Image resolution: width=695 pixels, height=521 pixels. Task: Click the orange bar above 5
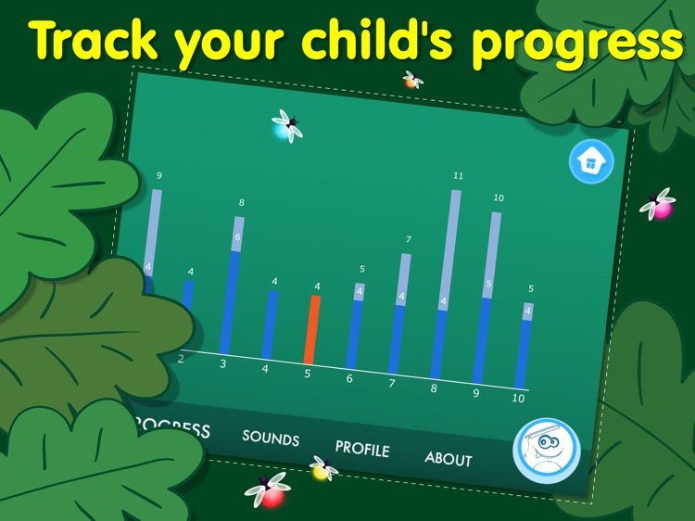point(312,329)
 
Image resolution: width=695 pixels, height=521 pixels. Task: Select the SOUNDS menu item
point(271,437)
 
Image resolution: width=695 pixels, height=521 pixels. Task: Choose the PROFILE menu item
point(362,448)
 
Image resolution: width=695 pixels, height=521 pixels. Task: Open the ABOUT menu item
point(449,458)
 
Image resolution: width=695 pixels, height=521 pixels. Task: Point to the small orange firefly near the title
point(411,81)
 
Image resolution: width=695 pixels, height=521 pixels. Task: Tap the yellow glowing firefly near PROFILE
point(322,469)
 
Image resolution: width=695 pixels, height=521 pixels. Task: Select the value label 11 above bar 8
point(458,175)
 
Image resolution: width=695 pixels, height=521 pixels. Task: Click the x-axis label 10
point(518,398)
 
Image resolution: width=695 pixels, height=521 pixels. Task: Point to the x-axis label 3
point(222,363)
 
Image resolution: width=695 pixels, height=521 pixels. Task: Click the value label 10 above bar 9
point(499,198)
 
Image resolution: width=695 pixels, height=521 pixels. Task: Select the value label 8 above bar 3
point(241,203)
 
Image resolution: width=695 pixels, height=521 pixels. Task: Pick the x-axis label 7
point(391,383)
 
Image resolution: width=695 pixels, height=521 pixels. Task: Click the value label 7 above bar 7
point(408,240)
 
